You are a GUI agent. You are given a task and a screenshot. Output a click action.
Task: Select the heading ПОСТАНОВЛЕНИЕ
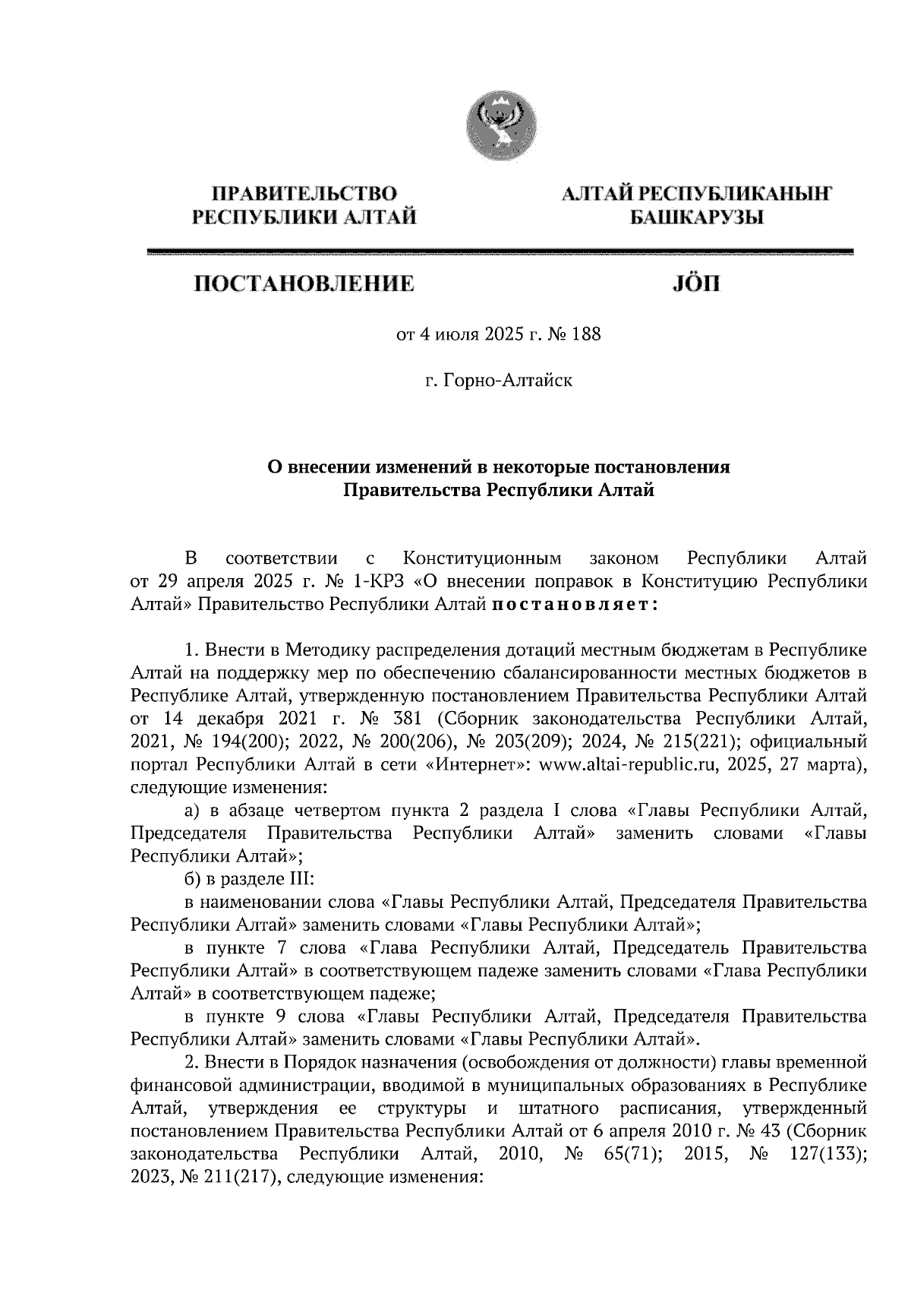[x=304, y=284]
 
